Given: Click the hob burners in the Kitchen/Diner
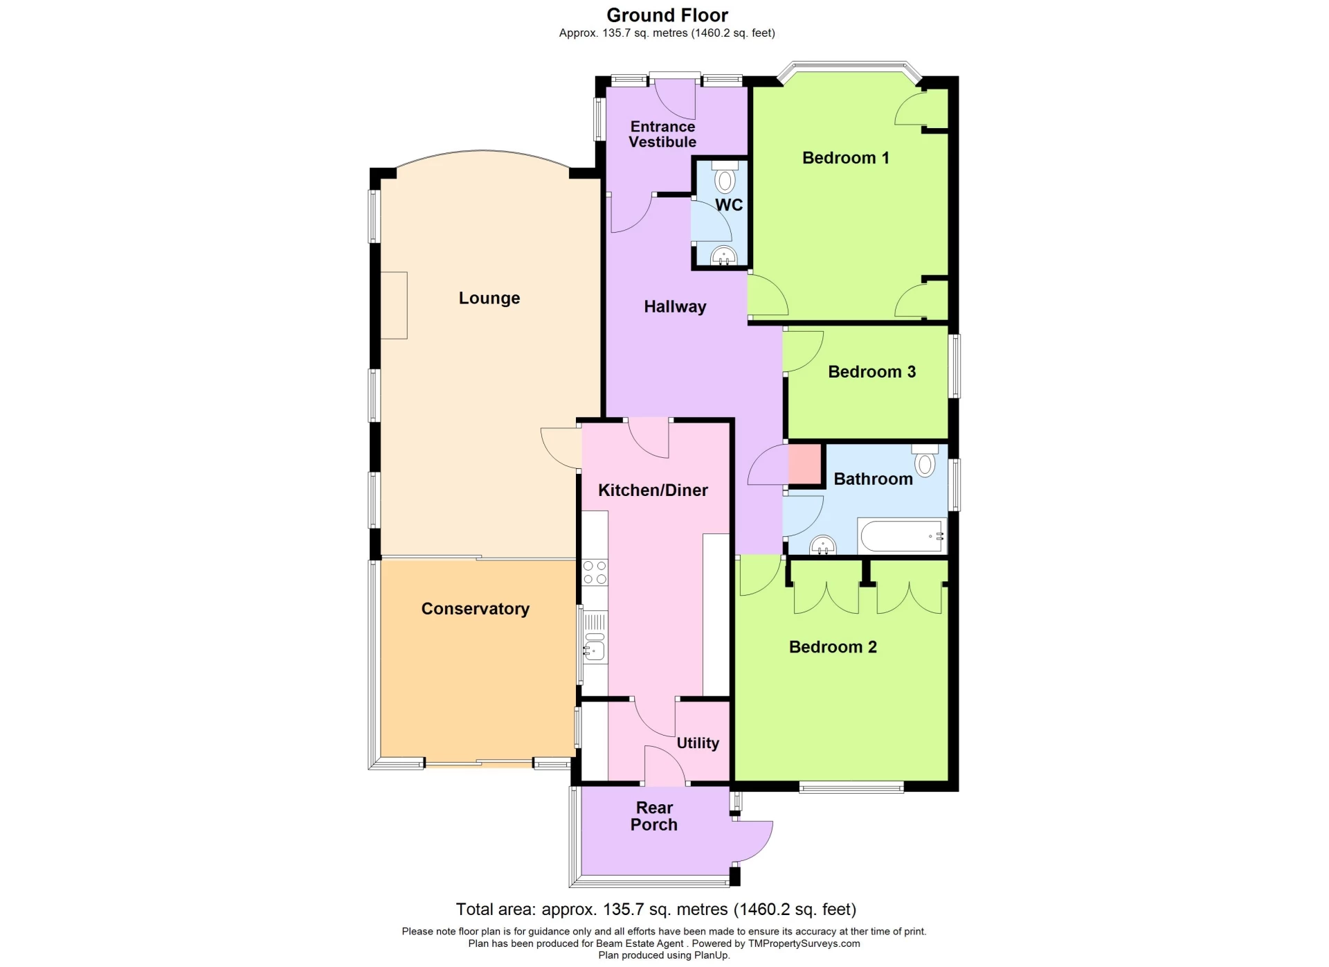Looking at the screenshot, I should point(595,572).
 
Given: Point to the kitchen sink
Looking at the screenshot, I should point(595,649).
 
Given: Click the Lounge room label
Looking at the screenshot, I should point(489,298).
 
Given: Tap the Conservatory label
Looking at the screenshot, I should point(476,609).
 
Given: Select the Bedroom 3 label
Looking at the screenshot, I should point(871,372).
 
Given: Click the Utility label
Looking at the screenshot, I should point(698,743).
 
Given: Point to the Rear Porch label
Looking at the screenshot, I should point(654,816).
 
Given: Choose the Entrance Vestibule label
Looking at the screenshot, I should point(662,134).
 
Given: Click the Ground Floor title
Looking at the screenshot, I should point(667,15).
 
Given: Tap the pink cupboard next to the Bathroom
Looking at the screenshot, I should point(805,464).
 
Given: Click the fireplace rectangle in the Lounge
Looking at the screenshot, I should point(394,305).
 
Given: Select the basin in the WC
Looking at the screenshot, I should point(724,256).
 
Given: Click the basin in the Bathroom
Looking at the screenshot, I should point(823,546).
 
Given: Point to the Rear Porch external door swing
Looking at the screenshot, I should point(754,841).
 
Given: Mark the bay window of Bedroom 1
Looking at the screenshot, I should point(850,68).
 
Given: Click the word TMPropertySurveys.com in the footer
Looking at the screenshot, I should point(804,943).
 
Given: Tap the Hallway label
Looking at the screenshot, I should point(675,307).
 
